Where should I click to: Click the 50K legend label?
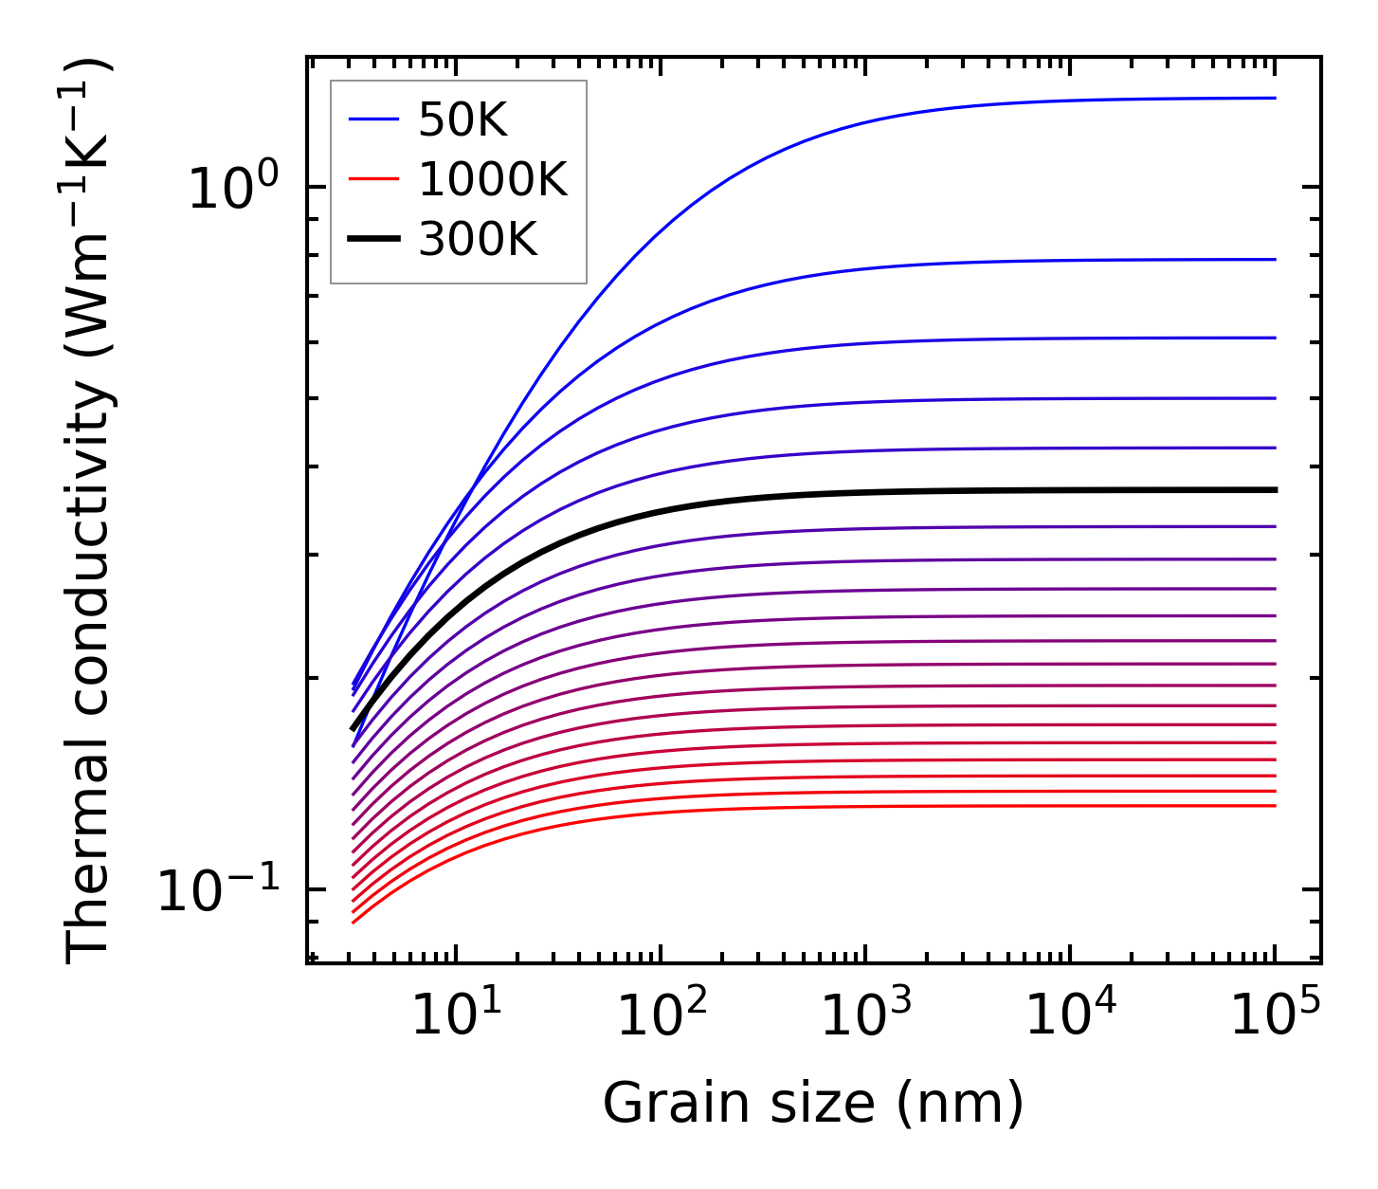462,120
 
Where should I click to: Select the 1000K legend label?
493,179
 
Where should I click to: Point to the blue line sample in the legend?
374,119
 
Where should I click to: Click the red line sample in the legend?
374,179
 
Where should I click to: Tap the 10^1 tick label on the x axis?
457,1015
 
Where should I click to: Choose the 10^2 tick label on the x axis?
662,1015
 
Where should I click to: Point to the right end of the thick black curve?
1276,490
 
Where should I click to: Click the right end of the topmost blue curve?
1275,98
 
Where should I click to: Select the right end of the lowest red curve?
1275,806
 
